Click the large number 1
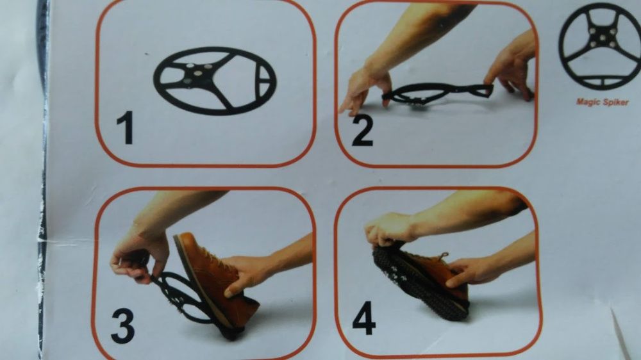126,127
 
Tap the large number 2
363,131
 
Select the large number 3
122,325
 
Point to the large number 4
364,318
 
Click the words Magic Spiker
602,102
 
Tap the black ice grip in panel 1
215,81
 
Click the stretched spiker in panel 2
437,93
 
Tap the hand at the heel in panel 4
470,272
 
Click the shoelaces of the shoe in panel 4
440,258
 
